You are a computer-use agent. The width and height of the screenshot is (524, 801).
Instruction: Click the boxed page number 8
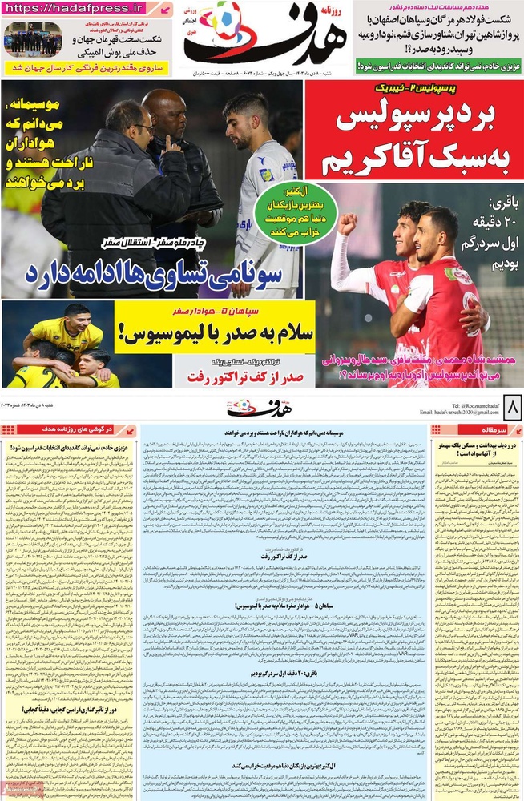(510, 408)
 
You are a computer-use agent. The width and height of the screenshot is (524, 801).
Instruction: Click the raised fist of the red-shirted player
(347, 222)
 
